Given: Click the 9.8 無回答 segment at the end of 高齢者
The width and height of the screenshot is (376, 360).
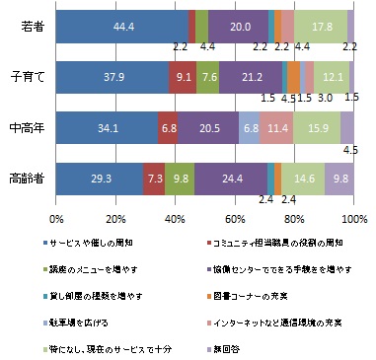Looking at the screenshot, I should coord(339,180).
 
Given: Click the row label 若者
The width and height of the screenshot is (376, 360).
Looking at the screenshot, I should coord(32,27).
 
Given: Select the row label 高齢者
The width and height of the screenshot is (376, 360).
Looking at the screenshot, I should coord(26,180).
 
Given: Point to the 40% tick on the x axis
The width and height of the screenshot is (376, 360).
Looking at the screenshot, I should coord(176,218).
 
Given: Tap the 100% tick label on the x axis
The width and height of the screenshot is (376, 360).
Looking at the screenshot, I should coord(354,218).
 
